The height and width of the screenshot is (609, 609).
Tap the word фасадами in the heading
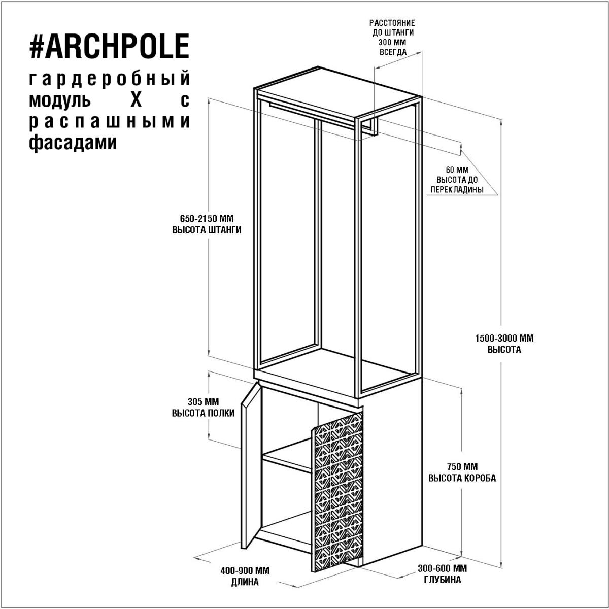(x=73, y=143)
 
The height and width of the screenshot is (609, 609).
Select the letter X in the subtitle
(x=136, y=100)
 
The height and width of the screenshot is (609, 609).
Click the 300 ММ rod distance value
(x=392, y=42)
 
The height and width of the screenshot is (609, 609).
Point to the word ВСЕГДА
(x=393, y=52)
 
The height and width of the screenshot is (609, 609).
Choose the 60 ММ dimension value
(x=457, y=170)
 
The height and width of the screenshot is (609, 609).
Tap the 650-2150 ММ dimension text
(x=207, y=218)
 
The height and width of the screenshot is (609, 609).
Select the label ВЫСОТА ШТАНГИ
(x=207, y=230)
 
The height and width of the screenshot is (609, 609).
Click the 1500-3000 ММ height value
(x=504, y=339)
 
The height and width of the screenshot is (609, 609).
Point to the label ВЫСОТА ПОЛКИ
(x=203, y=413)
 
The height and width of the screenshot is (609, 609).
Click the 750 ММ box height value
(x=462, y=466)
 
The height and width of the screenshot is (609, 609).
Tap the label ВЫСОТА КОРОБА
(x=462, y=478)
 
